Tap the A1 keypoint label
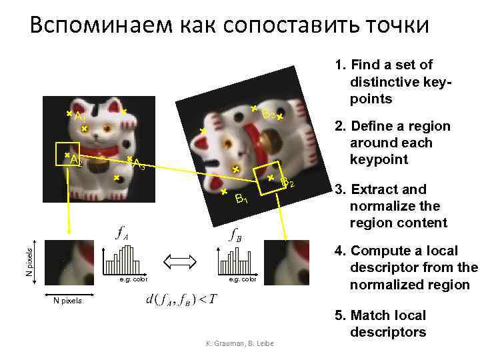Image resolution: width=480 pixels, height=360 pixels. (x=80, y=117)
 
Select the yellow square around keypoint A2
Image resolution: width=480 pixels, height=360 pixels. (x=67, y=155)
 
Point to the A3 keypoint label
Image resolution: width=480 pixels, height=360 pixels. (x=139, y=164)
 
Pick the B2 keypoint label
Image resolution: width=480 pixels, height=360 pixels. (x=287, y=183)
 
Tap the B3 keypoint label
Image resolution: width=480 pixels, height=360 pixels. (x=269, y=115)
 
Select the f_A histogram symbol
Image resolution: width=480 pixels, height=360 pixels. (x=122, y=233)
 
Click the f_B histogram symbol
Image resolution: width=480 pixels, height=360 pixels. (x=235, y=235)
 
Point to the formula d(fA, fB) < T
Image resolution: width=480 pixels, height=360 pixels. (x=180, y=298)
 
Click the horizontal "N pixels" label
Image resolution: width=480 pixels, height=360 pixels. (x=67, y=301)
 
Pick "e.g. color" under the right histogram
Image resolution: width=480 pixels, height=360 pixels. (x=242, y=279)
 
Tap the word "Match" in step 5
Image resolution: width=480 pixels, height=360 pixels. (x=376, y=315)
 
